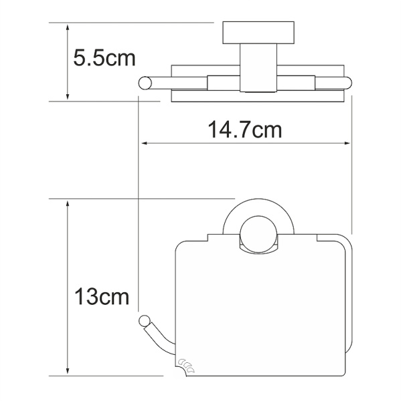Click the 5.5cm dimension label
tap(104, 58)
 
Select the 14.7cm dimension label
tap(245, 130)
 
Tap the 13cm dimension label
tap(102, 296)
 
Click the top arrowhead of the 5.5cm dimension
tap(68, 27)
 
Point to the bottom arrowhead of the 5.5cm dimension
tap(68, 96)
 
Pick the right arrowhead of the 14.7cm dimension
tap(347, 144)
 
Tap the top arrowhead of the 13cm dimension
tap(68, 204)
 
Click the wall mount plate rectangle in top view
tap(258, 33)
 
